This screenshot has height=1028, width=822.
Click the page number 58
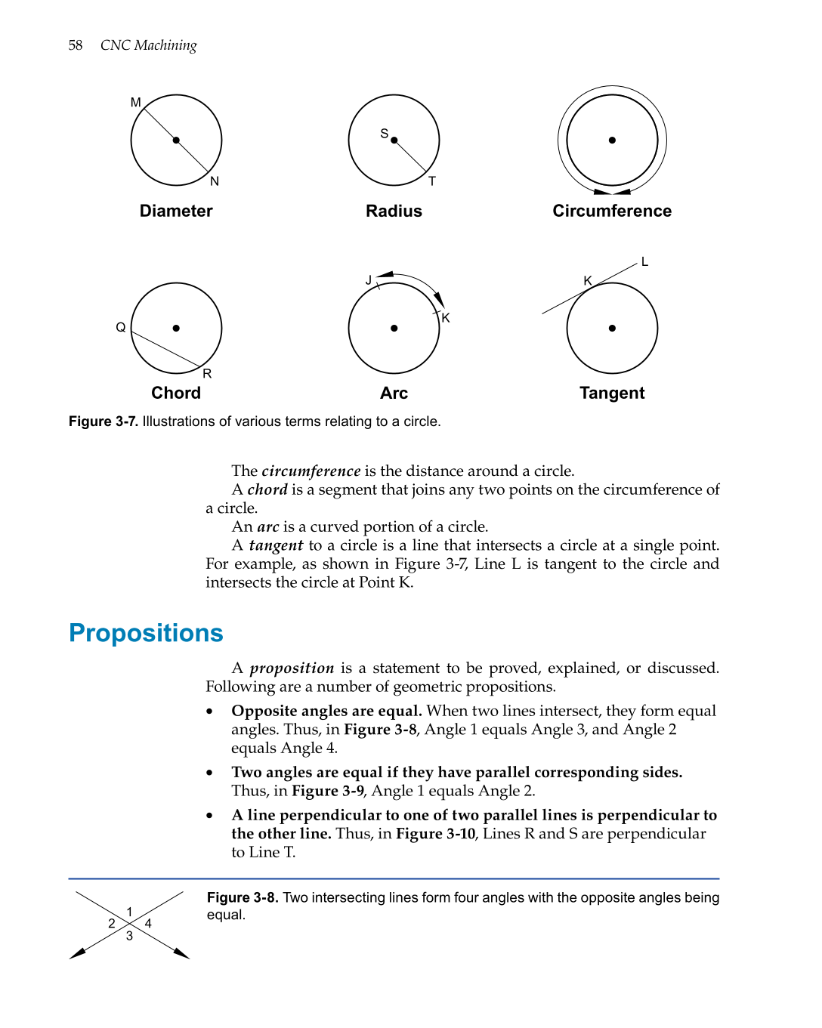[x=75, y=45]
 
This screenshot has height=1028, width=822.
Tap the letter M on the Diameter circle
[x=136, y=102]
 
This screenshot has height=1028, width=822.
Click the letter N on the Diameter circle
[x=215, y=181]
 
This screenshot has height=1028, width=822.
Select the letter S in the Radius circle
[x=384, y=134]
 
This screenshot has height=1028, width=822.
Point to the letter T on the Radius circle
[x=432, y=181]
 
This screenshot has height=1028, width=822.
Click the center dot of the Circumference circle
[x=612, y=140]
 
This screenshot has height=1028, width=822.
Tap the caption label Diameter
[x=176, y=211]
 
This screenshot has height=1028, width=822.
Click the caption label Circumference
[x=612, y=211]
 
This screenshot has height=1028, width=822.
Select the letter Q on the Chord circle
[x=121, y=327]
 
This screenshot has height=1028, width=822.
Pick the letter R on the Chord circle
[x=207, y=374]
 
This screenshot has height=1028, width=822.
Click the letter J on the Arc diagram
[x=369, y=280]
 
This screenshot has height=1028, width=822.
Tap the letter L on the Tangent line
[x=644, y=262]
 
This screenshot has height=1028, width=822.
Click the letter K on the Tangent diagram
[x=588, y=281]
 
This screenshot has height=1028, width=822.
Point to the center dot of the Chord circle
[x=176, y=328]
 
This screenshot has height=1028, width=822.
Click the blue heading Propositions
[x=146, y=633]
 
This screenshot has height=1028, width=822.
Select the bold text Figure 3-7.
[x=103, y=421]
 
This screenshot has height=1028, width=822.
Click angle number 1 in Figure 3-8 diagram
[x=130, y=912]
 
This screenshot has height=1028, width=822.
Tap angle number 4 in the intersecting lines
[x=148, y=923]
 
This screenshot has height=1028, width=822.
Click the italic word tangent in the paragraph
[x=276, y=545]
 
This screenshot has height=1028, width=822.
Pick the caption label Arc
[x=394, y=393]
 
